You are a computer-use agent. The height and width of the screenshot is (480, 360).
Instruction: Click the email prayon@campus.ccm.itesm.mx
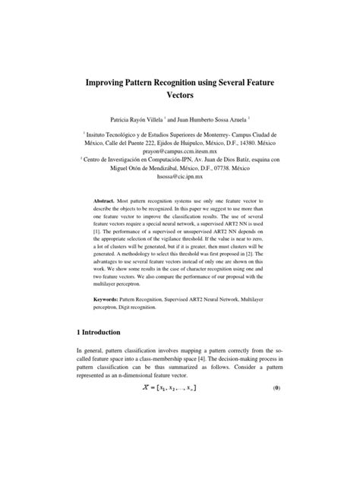coord(180,151)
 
